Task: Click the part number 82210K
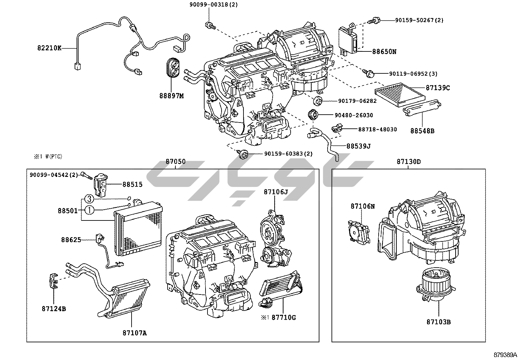tap(49, 48)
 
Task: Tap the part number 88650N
tap(384, 51)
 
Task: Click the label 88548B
tap(422, 131)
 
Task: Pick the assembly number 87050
tap(175, 161)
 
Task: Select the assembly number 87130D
tap(409, 161)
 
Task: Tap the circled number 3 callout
tap(90, 199)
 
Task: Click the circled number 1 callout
tap(90, 210)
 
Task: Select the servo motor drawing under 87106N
tap(359, 231)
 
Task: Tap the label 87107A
tap(135, 333)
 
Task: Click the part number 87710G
tap(284, 317)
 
